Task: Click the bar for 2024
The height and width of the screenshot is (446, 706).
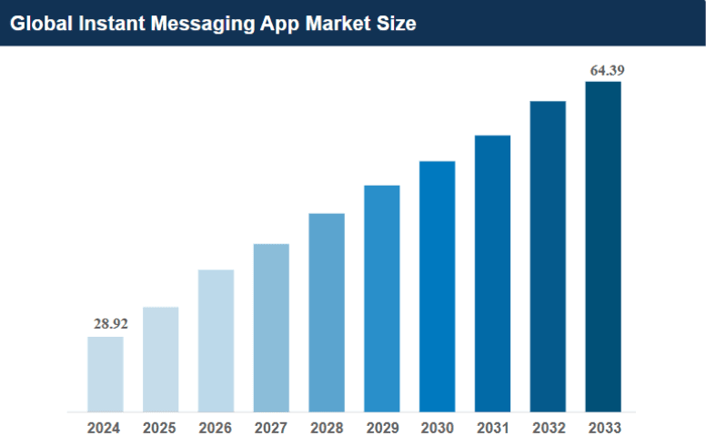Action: [x=106, y=374]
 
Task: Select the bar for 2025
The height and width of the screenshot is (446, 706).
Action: [x=160, y=359]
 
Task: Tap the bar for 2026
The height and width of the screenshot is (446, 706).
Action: [x=216, y=340]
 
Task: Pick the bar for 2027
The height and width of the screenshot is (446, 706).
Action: [x=271, y=328]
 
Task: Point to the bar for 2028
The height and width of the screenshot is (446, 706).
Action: [x=327, y=312]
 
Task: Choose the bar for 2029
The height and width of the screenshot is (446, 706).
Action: [x=381, y=299]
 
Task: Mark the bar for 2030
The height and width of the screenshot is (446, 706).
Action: [x=437, y=287]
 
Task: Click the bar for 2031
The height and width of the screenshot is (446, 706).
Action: [x=492, y=273]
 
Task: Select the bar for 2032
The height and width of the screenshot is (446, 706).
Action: [x=548, y=257]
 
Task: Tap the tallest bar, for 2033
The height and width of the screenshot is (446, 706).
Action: [x=603, y=247]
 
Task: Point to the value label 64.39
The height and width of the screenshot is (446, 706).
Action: [x=607, y=69]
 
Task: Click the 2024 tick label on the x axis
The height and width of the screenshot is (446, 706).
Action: [x=106, y=427]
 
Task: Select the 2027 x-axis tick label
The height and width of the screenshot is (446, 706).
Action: [x=271, y=427]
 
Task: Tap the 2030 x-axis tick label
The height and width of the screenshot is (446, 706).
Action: [x=437, y=427]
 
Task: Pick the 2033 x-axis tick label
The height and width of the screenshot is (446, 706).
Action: [x=603, y=427]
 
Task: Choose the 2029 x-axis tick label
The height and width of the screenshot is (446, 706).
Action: [x=381, y=427]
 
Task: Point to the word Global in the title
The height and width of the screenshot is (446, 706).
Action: [x=39, y=24]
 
